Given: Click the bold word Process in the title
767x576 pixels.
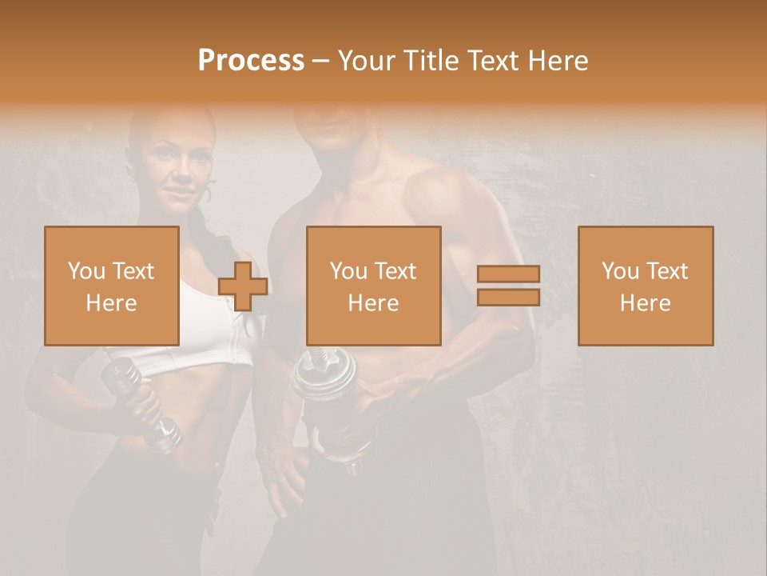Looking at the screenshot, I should [251, 61].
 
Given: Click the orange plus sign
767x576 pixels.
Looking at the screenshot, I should [243, 286].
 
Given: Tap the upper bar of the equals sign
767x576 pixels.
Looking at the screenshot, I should [508, 274].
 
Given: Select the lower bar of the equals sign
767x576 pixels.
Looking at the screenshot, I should [508, 297].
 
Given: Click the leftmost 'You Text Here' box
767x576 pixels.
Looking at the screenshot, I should [111, 286].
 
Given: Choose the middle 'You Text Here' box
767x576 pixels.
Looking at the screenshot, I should [373, 286].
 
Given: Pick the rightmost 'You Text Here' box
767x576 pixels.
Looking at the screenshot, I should [645, 286].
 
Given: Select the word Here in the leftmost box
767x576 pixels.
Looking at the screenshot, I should [111, 303].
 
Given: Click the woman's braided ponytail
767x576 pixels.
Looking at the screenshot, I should [209, 240].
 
